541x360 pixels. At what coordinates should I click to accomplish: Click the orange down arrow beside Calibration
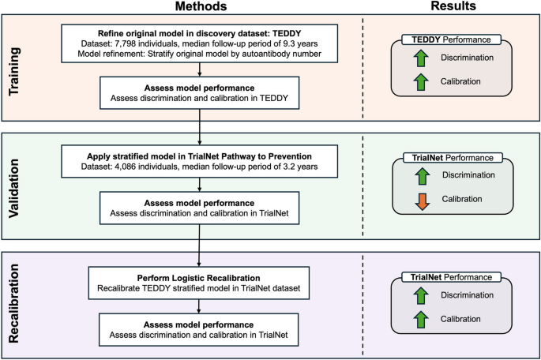[421, 201]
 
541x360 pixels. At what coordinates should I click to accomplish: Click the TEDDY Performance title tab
[448, 38]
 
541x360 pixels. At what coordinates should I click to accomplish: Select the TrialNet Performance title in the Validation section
[448, 158]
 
